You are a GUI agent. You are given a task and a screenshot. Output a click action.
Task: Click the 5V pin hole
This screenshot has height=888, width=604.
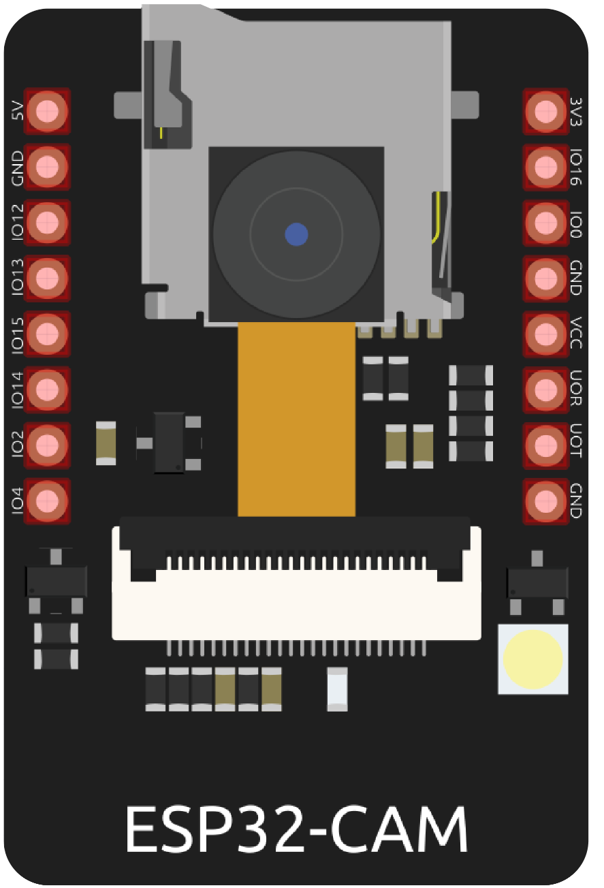[x=47, y=110]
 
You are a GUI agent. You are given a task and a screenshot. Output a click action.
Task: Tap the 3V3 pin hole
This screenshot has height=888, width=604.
[x=545, y=110]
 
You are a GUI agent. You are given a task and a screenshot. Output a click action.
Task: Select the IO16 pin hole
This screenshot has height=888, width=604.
[x=545, y=166]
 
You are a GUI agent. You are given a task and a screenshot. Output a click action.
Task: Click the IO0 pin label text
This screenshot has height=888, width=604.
[x=576, y=223]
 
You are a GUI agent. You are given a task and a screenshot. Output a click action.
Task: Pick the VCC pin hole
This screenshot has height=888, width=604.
[x=545, y=334]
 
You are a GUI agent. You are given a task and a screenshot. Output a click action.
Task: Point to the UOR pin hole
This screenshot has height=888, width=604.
[x=545, y=390]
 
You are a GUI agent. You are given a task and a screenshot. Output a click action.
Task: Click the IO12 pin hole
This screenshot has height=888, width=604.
[x=47, y=222]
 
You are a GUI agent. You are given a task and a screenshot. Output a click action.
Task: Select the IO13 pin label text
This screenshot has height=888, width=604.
[x=18, y=276]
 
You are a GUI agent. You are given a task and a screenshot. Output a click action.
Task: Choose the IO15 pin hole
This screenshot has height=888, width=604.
[x=47, y=334]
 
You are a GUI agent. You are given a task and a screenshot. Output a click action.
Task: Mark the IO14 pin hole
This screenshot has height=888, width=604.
[x=47, y=390]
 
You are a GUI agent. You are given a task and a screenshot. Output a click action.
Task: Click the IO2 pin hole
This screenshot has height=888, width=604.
[x=47, y=445]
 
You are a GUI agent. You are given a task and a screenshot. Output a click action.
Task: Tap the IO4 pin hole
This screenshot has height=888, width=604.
[x=47, y=501]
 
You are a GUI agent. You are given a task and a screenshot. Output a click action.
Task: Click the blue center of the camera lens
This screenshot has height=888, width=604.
[x=296, y=234]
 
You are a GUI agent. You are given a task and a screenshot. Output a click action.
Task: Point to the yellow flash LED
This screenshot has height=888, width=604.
[x=533, y=659]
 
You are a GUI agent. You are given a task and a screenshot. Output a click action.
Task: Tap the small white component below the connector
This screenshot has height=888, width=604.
[x=337, y=689]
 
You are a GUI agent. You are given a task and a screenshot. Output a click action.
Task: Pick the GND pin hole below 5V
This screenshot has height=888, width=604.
[x=47, y=166]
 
